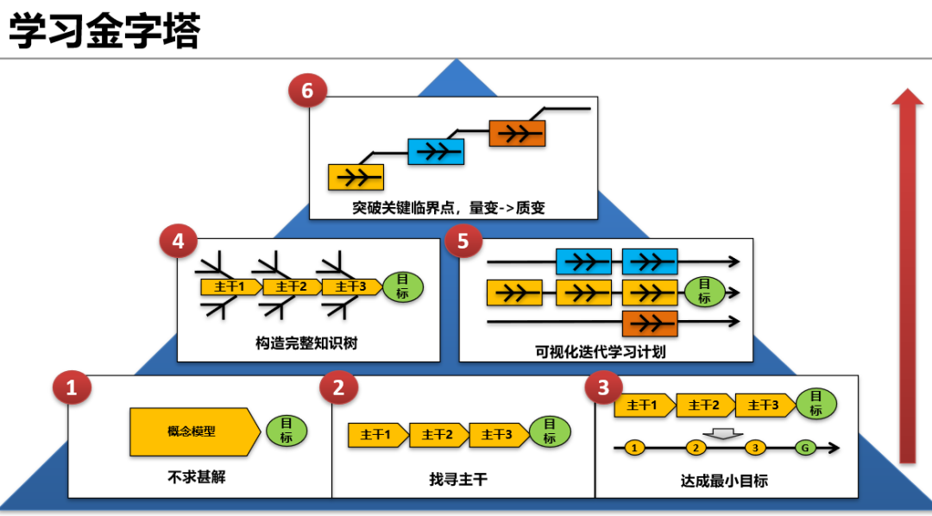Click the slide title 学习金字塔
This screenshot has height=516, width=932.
tap(104, 31)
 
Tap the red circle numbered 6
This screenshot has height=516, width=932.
tap(307, 91)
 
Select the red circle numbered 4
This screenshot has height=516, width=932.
tap(179, 242)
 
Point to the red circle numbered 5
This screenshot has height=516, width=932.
tap(463, 242)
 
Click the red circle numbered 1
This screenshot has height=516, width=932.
tap(72, 388)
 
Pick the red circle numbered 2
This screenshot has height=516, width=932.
tap(338, 388)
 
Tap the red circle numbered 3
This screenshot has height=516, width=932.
tap(603, 387)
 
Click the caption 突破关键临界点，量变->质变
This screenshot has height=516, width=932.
tap(449, 207)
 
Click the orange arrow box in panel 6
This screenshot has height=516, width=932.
tap(517, 133)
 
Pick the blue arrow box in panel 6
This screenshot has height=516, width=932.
tap(436, 152)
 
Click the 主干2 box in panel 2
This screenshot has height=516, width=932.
tap(438, 435)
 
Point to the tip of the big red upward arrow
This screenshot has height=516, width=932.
tap(907, 89)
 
